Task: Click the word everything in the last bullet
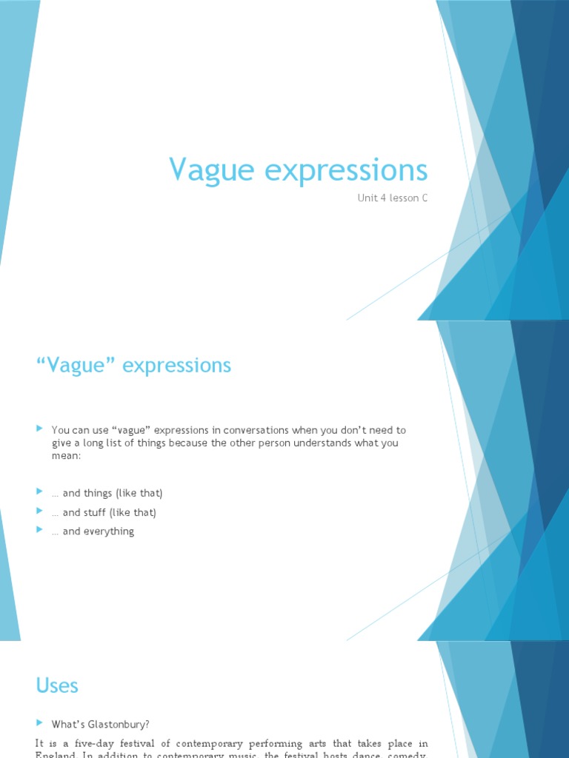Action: pyautogui.click(x=109, y=531)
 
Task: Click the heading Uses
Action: pyautogui.click(x=57, y=685)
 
